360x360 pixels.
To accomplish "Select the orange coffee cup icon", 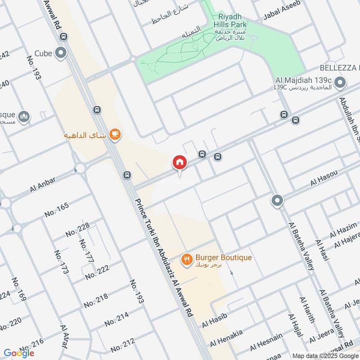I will coord(115,134).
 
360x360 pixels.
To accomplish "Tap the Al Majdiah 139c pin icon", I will coord(341,83).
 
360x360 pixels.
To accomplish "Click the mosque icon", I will coord(25,117).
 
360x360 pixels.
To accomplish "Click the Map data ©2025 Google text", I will coord(328,355).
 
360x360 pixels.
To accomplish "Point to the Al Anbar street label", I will coord(43,184).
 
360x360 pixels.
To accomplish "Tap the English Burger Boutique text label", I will coord(224,258).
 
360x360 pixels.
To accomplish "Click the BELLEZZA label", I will coord(339,67).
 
